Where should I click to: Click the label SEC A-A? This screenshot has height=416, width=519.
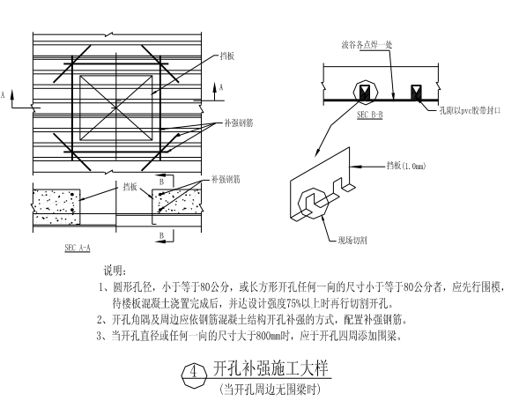click(78, 248)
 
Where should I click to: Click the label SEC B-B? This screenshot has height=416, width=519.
click(370, 115)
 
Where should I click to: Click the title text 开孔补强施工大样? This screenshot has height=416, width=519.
click(271, 368)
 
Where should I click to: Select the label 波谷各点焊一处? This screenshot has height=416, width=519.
click(367, 45)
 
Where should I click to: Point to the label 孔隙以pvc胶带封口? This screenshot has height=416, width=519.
click(470, 110)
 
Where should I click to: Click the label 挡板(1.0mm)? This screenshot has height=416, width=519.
click(406, 166)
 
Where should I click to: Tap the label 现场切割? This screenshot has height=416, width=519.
click(352, 241)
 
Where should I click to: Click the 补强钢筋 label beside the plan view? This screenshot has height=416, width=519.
click(239, 123)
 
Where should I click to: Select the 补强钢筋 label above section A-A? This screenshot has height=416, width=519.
click(226, 180)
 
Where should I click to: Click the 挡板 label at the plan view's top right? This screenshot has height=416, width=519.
click(227, 56)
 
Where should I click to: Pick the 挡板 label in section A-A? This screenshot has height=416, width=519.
click(130, 187)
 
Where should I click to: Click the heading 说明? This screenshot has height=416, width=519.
click(115, 271)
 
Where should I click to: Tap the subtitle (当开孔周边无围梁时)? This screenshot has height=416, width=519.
click(270, 390)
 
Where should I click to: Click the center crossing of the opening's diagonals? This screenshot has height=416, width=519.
click(115, 108)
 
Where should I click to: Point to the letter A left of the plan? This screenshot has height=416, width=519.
click(3, 95)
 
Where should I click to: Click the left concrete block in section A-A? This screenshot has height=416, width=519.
click(56, 207)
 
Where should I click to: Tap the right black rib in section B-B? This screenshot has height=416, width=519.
click(416, 93)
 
